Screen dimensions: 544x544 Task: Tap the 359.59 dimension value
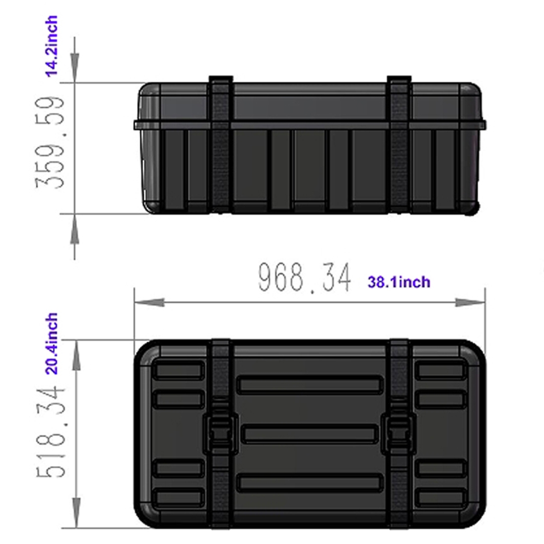50,143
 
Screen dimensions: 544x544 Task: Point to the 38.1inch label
399,282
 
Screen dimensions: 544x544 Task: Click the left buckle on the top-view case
221,434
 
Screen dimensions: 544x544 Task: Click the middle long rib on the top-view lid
309,434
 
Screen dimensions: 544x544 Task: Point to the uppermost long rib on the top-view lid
309,385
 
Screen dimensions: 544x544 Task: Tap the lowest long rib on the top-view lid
309,483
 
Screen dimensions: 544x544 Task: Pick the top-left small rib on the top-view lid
178,370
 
